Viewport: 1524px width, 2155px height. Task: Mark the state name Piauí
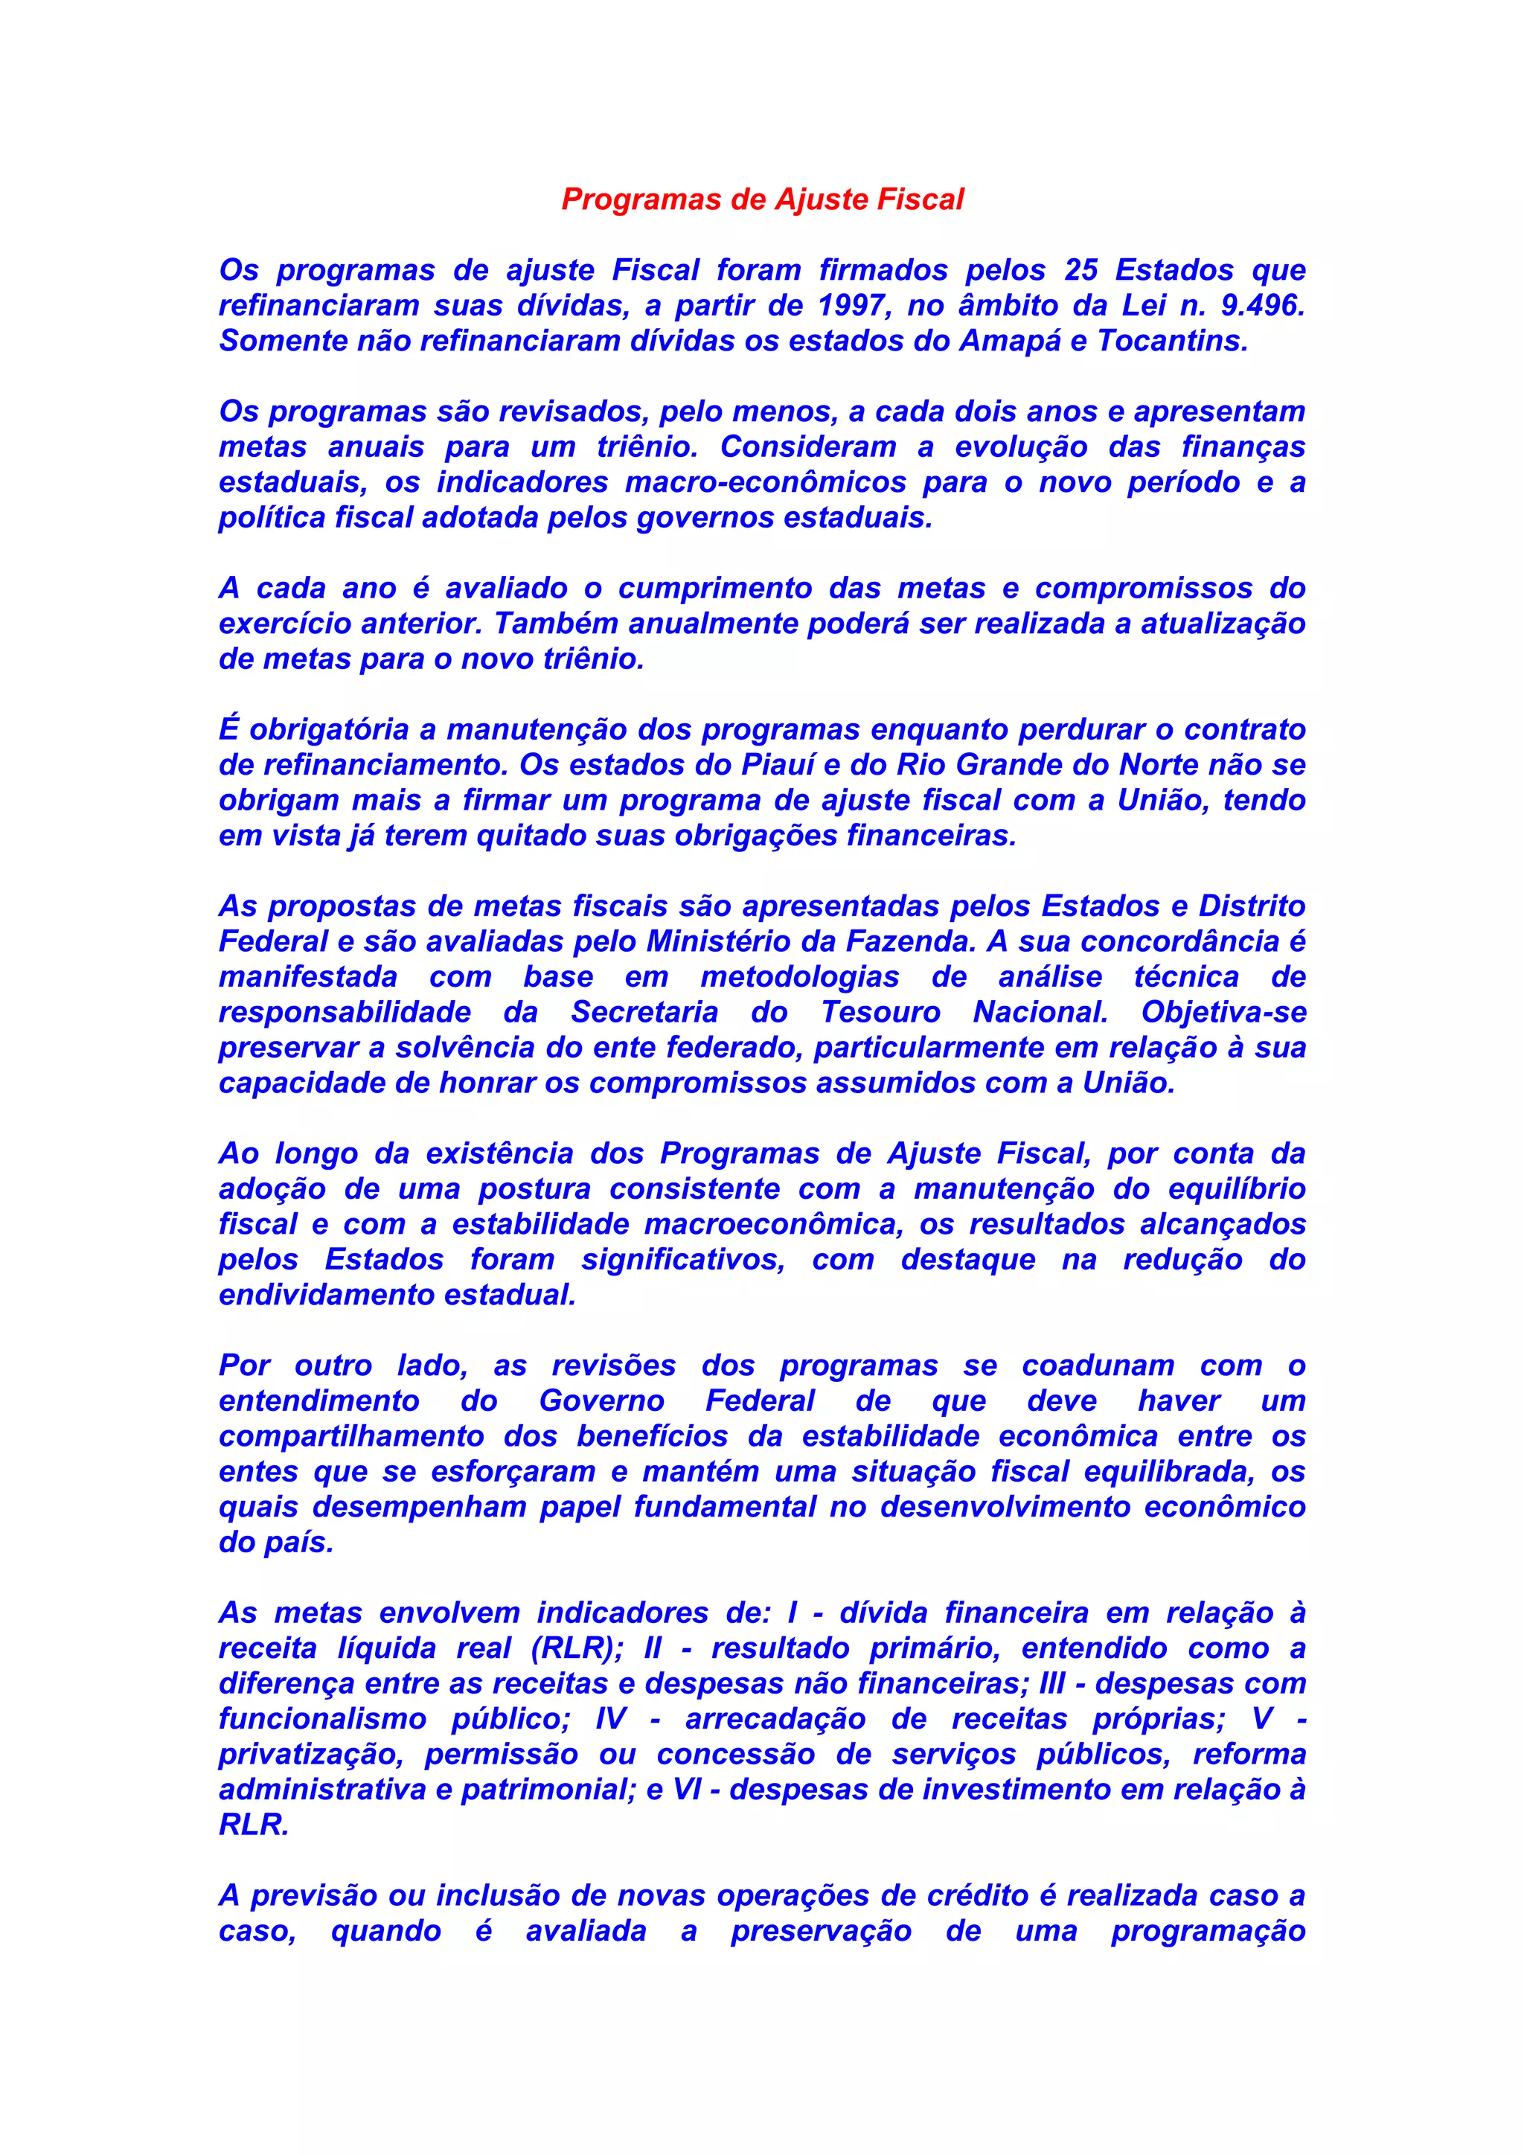pos(781,765)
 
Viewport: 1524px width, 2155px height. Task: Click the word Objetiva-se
pos(1223,1013)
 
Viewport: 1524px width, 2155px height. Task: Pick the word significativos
pos(683,1260)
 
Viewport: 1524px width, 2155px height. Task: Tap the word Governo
pos(601,1401)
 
